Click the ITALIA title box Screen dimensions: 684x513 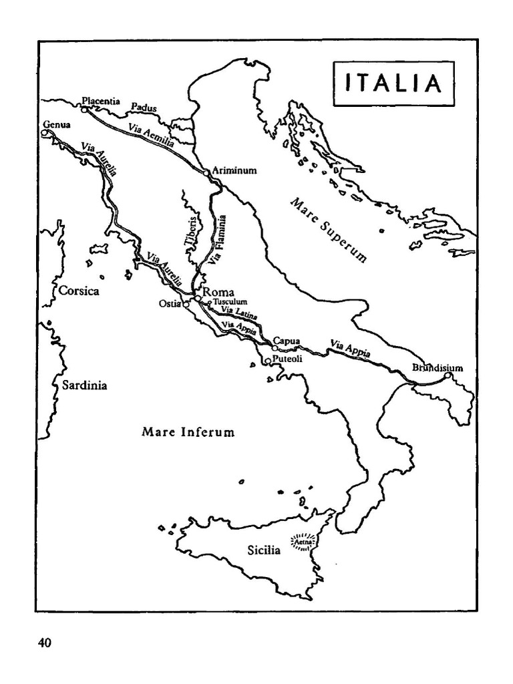coord(393,83)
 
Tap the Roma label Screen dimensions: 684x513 coord(218,292)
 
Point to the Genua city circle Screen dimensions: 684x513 coord(45,133)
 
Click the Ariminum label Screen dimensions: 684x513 coord(234,170)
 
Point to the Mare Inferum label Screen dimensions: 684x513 coord(188,432)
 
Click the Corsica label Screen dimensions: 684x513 coord(79,291)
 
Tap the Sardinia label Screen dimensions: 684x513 coord(85,385)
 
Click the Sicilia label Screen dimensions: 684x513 coord(264,551)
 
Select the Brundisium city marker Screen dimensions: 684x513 coord(448,377)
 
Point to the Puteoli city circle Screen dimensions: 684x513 coord(268,361)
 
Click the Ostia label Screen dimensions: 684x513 coord(168,304)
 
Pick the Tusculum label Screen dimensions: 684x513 coord(230,302)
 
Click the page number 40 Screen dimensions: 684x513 coord(45,643)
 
